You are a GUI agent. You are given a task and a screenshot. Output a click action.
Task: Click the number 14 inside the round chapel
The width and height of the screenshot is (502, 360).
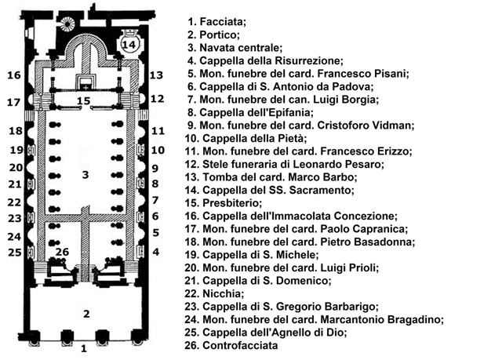tap(129, 45)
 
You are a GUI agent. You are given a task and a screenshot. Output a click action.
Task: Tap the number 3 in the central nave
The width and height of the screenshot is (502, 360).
tap(85, 174)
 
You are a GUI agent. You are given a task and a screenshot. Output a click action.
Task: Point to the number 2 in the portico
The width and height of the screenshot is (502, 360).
tap(85, 314)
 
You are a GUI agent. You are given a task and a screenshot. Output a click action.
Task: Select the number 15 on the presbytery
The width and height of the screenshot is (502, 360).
tap(84, 100)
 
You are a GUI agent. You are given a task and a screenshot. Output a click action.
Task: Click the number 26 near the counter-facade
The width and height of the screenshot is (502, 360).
tap(63, 252)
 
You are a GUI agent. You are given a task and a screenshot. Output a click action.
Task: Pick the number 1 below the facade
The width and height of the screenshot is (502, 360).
tap(85, 351)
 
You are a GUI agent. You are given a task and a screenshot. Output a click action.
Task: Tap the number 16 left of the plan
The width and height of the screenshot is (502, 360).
tap(13, 75)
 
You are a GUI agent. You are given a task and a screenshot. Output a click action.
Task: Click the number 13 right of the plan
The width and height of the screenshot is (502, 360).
tap(156, 75)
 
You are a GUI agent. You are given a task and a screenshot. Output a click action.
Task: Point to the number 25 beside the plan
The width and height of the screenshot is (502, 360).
tap(13, 252)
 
